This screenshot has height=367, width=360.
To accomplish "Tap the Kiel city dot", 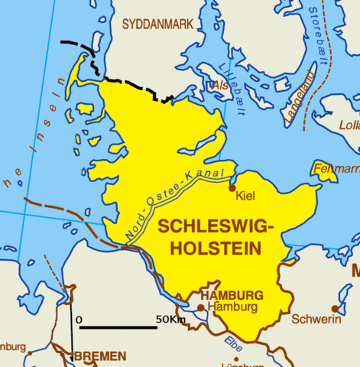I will point(232,187).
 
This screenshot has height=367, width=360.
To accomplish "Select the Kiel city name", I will point(245,196).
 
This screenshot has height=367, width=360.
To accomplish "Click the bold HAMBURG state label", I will point(231,294).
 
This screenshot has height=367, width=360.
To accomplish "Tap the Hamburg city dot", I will point(201,307).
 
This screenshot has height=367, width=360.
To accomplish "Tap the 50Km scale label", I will point(170,318).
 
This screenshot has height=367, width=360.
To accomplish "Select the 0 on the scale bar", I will point(79,318).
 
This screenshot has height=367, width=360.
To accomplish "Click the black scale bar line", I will point(118,328).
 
